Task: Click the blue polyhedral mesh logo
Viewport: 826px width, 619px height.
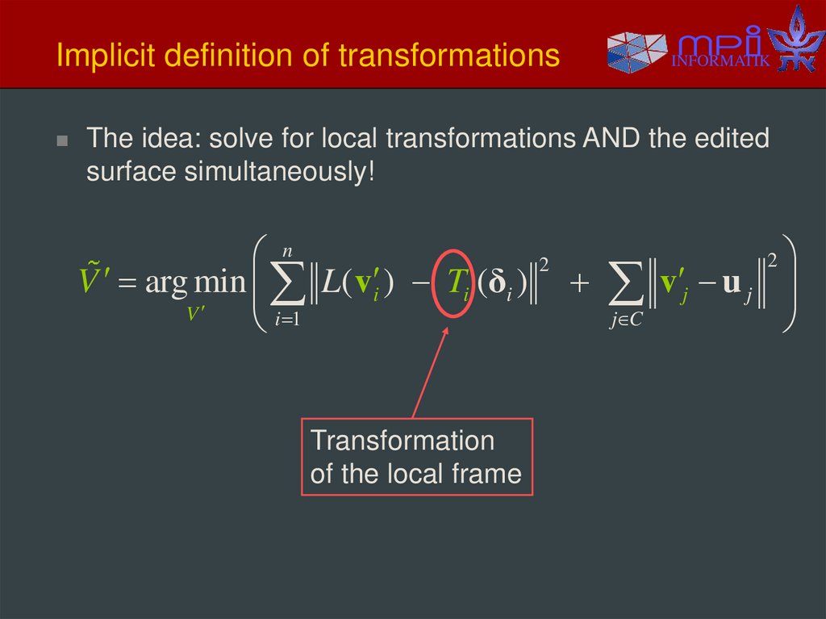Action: [x=636, y=51]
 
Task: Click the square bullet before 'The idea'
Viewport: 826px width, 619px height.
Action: [x=62, y=140]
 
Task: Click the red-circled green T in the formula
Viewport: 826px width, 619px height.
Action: [x=457, y=280]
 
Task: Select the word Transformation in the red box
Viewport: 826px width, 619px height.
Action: [x=403, y=441]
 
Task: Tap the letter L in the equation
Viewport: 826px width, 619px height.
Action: [x=329, y=281]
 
